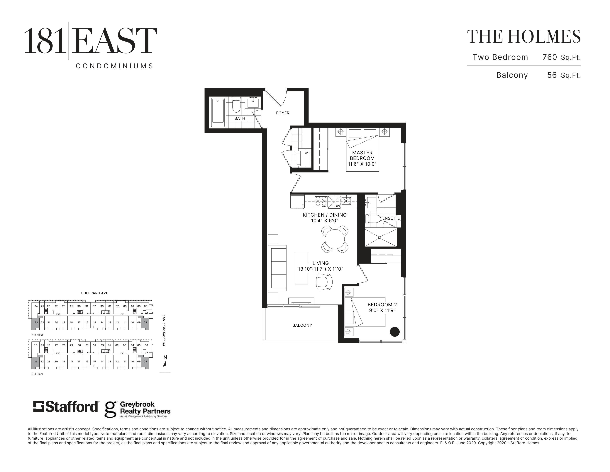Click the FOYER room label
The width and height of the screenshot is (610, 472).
[282, 113]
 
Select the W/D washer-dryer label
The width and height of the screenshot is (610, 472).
[307, 153]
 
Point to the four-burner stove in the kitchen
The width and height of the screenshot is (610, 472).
[321, 201]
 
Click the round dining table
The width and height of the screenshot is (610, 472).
[335, 239]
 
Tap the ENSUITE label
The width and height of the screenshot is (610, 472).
[391, 218]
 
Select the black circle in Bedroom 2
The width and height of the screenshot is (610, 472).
[394, 332]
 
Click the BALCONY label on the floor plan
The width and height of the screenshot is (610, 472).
[302, 325]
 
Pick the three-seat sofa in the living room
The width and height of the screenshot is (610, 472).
[277, 268]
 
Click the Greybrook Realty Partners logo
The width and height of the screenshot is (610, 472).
[137, 409]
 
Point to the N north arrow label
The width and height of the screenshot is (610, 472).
[165, 357]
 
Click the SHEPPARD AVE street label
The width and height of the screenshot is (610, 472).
[95, 293]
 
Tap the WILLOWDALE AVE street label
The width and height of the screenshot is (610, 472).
[164, 330]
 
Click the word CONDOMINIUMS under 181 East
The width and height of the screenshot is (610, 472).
[115, 66]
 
